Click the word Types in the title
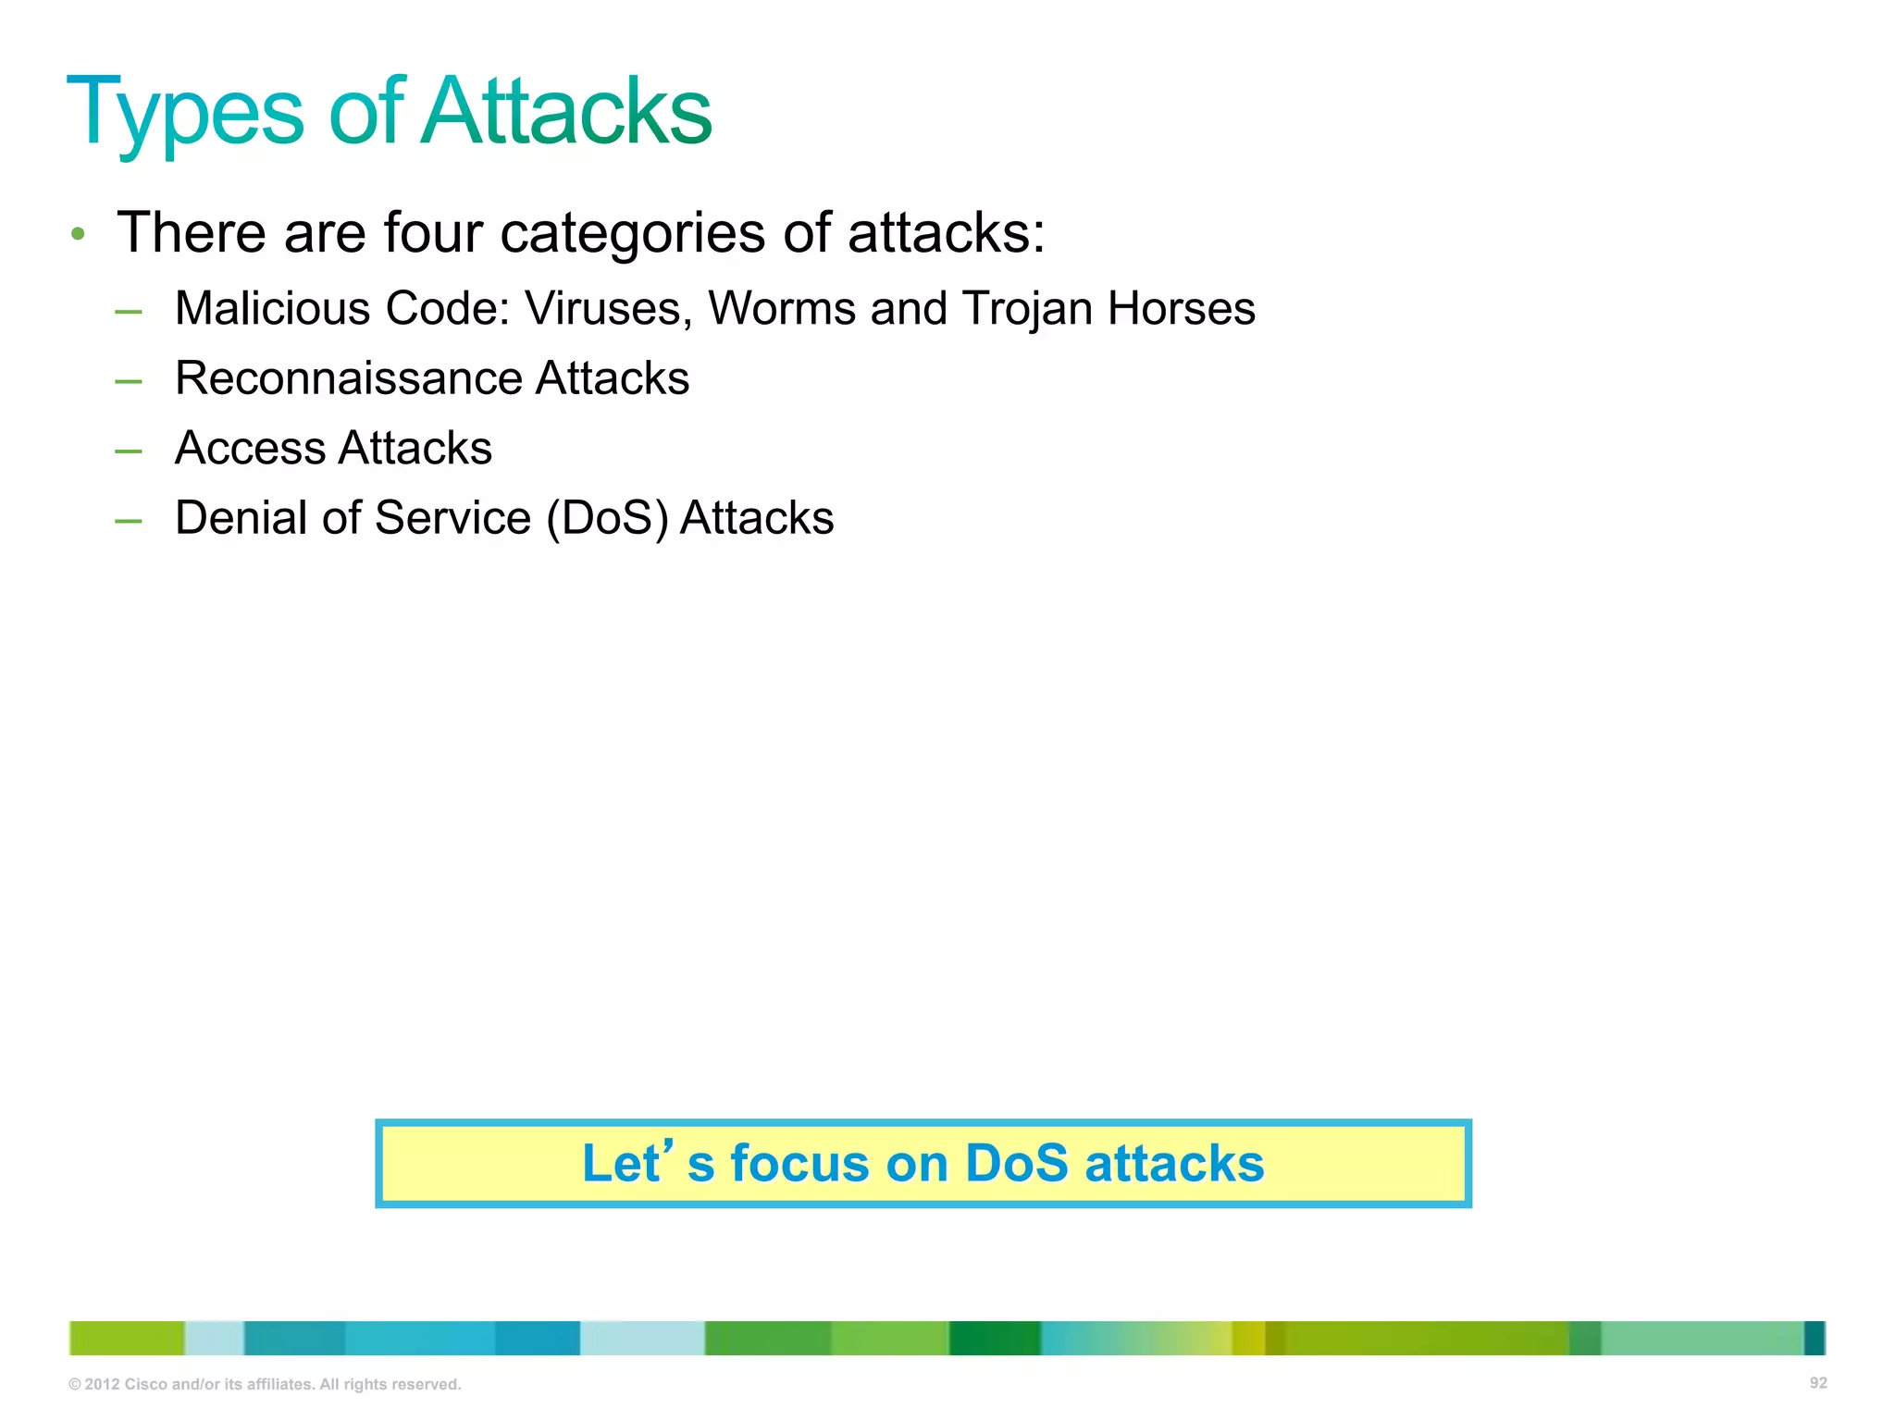point(185,113)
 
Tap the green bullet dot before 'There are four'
point(79,234)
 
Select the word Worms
point(781,308)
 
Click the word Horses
point(1182,308)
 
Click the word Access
point(250,448)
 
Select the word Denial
point(241,517)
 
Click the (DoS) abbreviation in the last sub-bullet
point(607,519)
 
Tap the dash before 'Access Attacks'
point(129,451)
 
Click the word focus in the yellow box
point(799,1163)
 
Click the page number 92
point(1817,1383)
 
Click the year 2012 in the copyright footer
point(102,1385)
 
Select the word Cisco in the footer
point(145,1385)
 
